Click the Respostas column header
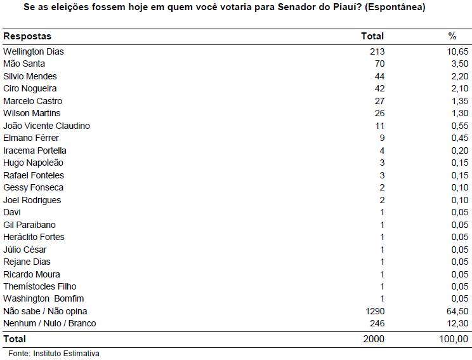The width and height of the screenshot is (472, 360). (27, 36)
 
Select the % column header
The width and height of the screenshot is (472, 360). (452, 36)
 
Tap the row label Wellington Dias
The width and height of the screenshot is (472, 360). (34, 51)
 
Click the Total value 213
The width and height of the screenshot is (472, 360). (377, 51)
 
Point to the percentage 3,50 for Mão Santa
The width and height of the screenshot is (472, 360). (460, 64)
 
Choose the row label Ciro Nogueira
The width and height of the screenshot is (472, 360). (30, 88)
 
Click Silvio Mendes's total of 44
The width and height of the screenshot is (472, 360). (379, 76)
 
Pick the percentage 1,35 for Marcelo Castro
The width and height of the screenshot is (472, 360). (460, 101)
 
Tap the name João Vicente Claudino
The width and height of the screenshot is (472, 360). (46, 126)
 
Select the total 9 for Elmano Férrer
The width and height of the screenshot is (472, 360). (382, 138)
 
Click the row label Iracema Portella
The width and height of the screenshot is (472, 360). (35, 150)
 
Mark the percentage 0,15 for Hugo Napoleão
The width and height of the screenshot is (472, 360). (460, 163)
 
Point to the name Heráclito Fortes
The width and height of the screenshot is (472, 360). (34, 237)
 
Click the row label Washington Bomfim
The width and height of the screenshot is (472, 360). (43, 298)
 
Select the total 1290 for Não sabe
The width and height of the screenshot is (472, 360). (375, 311)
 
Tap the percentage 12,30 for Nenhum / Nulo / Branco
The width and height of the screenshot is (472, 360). (457, 323)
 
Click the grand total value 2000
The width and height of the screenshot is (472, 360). (374, 339)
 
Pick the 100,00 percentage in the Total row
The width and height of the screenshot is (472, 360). (454, 339)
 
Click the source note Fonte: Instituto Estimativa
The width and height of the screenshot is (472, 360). (54, 354)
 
